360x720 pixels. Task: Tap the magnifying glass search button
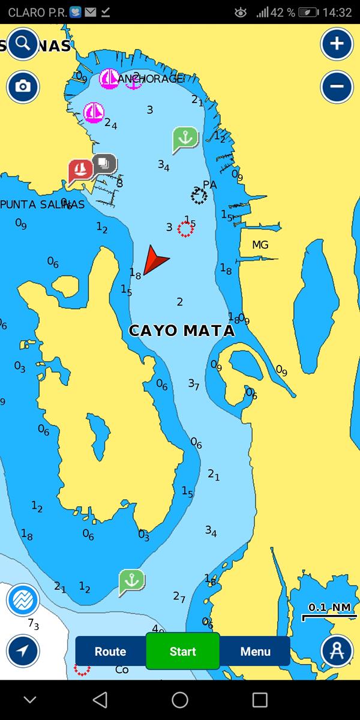point(23,43)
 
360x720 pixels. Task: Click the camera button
point(23,87)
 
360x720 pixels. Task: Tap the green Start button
point(182,651)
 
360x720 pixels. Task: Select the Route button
point(110,652)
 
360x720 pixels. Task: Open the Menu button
point(255,652)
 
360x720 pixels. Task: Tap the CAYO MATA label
point(182,331)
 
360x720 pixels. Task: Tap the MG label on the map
point(260,245)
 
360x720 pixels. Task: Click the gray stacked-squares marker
point(104,164)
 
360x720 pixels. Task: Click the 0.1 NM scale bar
point(329,611)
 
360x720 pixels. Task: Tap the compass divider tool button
point(337,651)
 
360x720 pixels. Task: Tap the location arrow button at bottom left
point(23,651)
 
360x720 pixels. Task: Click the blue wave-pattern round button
point(23,600)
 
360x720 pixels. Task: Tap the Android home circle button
point(180,700)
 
